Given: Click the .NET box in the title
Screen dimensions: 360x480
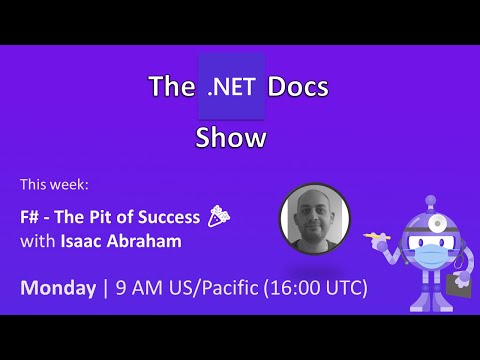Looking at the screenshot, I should pos(231,87).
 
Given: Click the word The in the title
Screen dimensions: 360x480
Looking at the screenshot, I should pos(167,87).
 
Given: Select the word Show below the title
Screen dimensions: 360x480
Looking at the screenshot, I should pos(231,137).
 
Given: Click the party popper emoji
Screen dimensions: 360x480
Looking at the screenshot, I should pos(218,213).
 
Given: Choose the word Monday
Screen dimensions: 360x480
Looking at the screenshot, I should pos(57,288).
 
